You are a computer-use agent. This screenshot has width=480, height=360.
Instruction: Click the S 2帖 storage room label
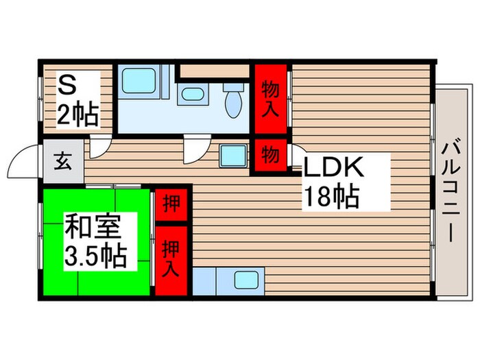point(77,101)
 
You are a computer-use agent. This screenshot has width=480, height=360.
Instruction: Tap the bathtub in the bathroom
point(139,85)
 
